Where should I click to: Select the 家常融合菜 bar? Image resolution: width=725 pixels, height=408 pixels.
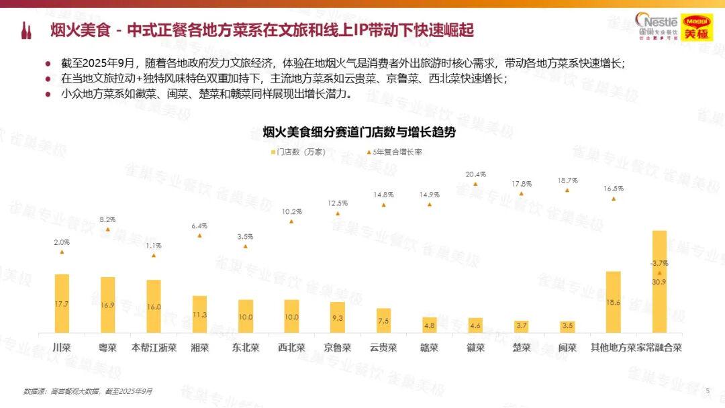[659, 281]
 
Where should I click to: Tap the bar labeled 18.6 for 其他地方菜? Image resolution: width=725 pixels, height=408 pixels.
[614, 301]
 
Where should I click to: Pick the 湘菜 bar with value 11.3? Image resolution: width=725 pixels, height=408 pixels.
[199, 313]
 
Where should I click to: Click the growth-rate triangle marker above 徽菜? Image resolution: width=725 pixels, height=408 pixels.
[475, 184]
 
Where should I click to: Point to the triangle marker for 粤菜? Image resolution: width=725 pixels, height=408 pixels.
[107, 229]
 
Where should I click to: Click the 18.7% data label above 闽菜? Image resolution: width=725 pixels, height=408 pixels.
[567, 181]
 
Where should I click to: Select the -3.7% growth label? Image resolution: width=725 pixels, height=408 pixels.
[659, 262]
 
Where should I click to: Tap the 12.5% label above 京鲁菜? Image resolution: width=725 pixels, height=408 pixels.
[338, 203]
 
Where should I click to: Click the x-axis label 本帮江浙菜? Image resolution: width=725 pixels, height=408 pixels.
[154, 348]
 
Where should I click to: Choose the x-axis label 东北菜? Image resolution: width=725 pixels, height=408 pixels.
[246, 348]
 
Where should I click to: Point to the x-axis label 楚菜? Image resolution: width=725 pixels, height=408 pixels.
[522, 348]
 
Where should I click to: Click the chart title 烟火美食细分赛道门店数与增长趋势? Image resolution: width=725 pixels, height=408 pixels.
[358, 132]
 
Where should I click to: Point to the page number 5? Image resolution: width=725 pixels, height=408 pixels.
[707, 390]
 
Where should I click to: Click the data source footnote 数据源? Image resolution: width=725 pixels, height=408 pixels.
[88, 391]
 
